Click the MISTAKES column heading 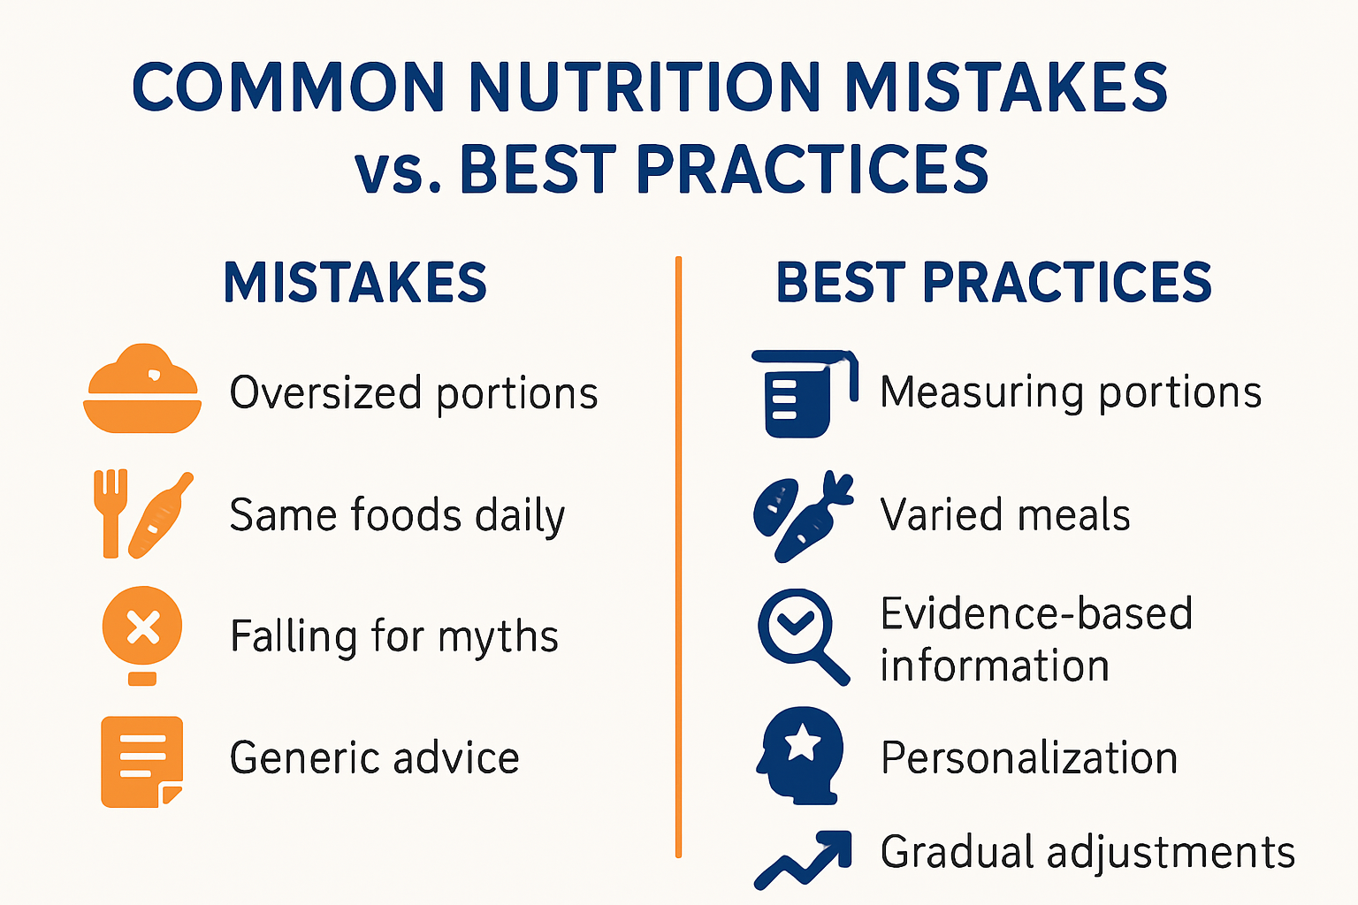click(x=355, y=283)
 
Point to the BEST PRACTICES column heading click(x=994, y=283)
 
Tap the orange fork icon click(x=111, y=513)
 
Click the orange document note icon click(x=141, y=760)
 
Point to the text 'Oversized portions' click(x=414, y=393)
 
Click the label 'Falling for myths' click(x=394, y=636)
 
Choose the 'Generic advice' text click(x=375, y=758)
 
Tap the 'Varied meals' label click(x=1005, y=514)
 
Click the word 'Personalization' click(x=1029, y=758)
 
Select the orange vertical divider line click(x=678, y=557)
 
